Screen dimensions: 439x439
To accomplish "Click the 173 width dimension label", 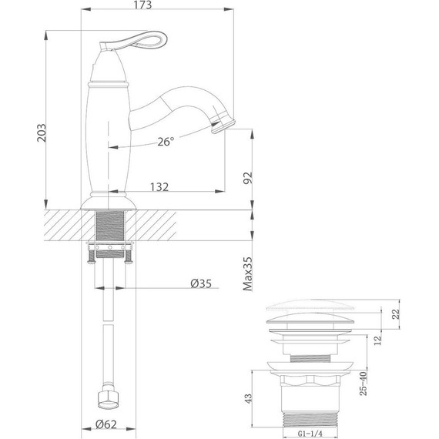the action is pos(142,5).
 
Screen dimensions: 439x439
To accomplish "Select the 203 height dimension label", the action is pos(42,132).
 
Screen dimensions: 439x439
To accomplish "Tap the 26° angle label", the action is pos(166,142).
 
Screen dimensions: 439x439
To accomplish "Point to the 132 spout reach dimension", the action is pos(159,187).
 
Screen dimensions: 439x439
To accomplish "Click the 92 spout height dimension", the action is pos(247,178).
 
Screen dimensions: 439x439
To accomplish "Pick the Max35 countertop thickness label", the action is pos(247,274).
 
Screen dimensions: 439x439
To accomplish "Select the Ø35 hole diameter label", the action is pos(201,283).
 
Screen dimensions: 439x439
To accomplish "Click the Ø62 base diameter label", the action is pos(106,424).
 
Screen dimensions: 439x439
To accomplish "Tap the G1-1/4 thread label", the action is pos(310,434).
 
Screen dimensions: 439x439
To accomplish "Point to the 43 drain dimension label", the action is pos(248,398).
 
